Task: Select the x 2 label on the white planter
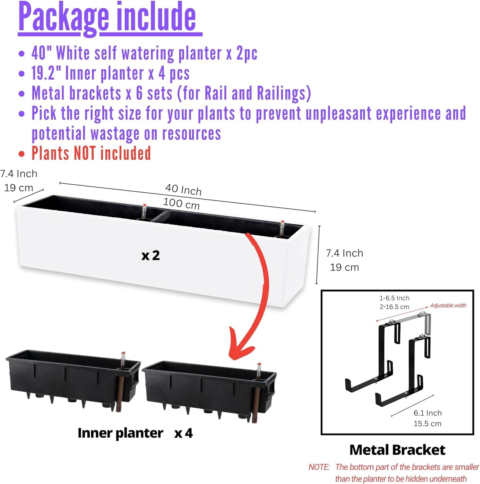pos(150,255)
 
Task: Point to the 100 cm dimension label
pos(181,203)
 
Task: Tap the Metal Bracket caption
pos(397,449)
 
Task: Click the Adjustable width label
pos(448,305)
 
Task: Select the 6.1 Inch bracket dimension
pos(428,413)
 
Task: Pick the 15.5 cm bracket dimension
pos(428,424)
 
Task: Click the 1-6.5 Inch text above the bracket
pos(394,298)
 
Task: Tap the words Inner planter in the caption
pos(120,433)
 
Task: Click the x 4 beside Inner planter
pos(184,433)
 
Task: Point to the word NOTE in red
pos(319,467)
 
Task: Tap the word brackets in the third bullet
pos(95,93)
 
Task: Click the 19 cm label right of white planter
pos(344,268)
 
